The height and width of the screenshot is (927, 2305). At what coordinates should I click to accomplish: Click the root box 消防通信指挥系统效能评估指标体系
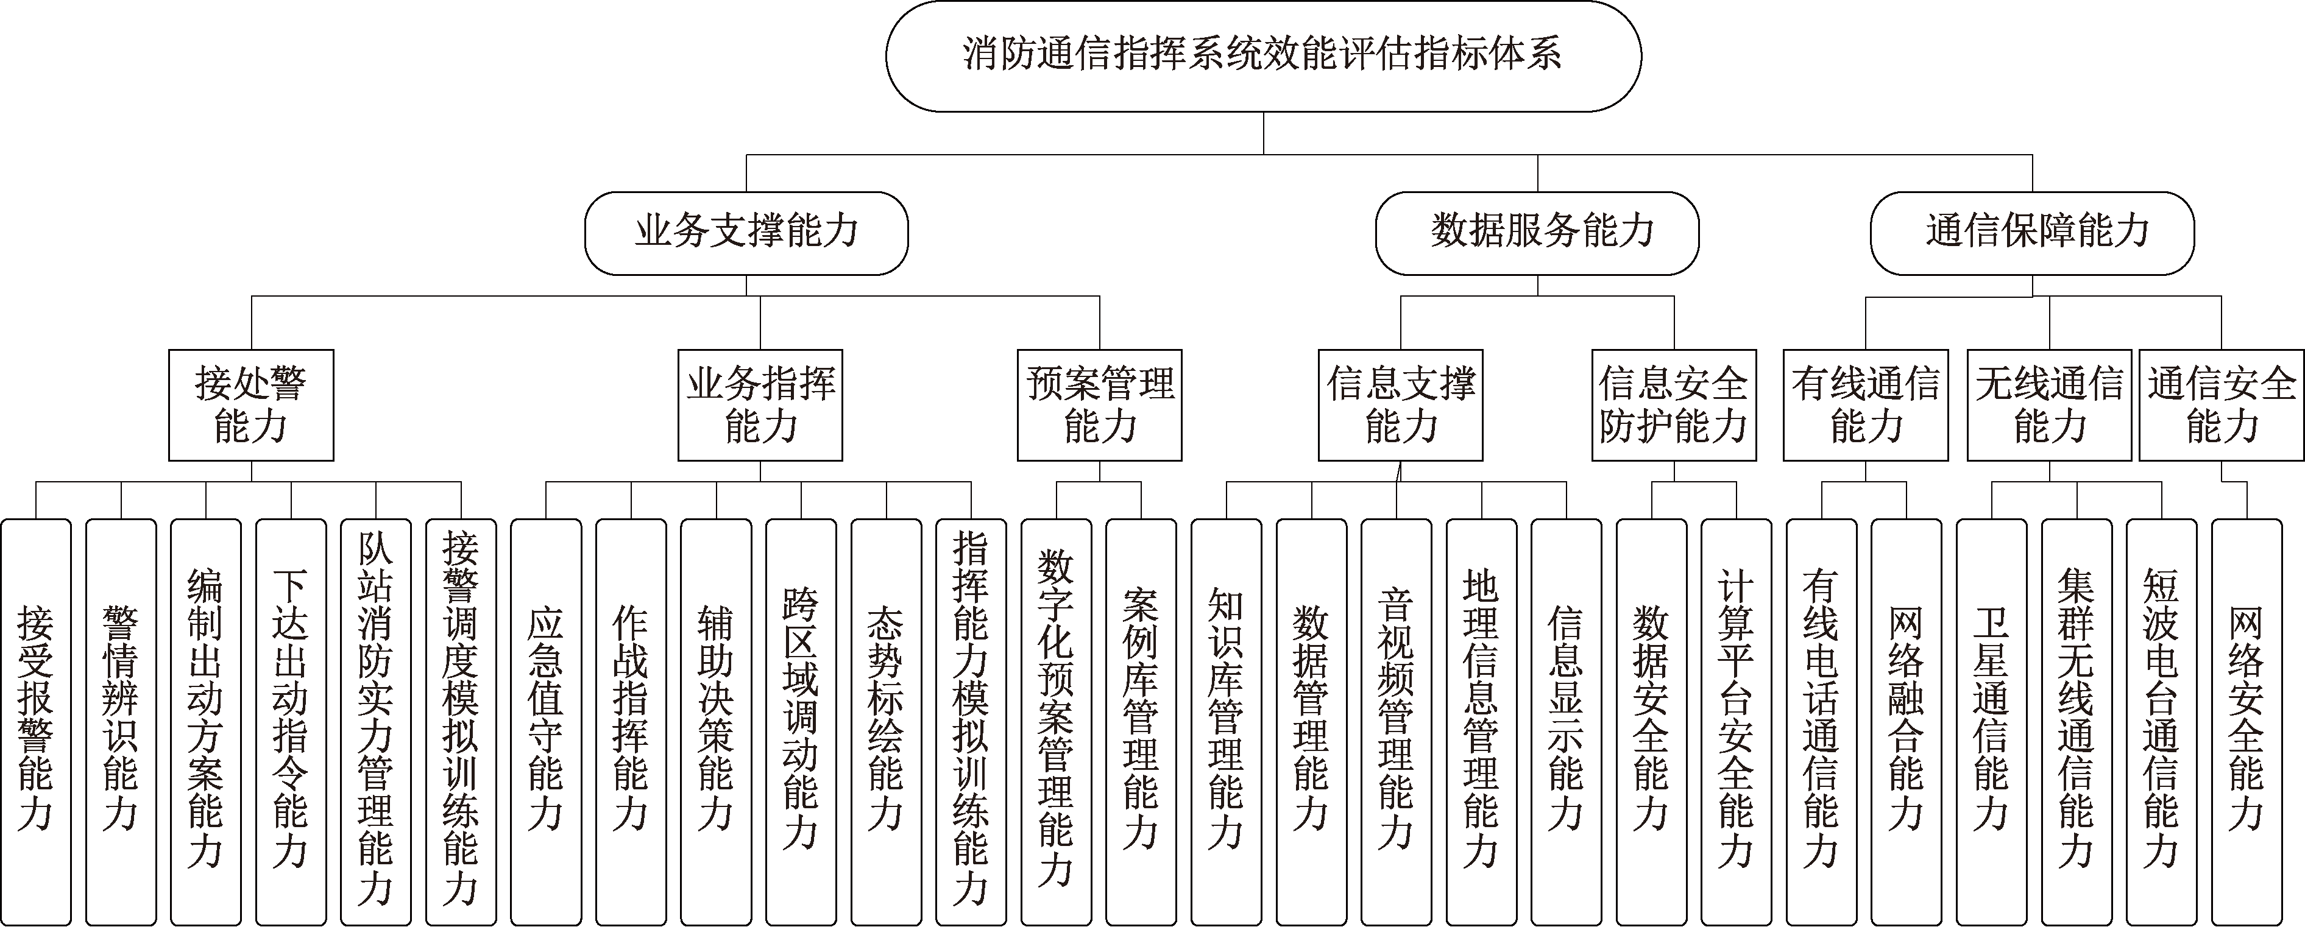tap(1262, 55)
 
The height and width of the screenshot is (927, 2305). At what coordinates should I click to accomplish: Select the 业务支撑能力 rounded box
tap(746, 233)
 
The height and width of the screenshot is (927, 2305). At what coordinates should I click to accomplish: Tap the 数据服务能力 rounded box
tap(1537, 233)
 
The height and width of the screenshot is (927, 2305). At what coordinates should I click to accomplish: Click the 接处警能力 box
tap(250, 406)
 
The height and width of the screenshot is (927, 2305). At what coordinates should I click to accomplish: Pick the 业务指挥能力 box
tap(760, 406)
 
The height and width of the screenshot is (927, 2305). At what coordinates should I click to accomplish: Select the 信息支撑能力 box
tap(1400, 406)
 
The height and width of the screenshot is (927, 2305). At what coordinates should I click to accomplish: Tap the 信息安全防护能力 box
tap(1673, 406)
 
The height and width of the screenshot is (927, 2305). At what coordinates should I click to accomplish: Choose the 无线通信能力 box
tap(2049, 406)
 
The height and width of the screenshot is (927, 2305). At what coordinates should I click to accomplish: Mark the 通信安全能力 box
tap(2221, 406)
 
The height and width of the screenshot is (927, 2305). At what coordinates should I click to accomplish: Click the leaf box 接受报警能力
tap(36, 721)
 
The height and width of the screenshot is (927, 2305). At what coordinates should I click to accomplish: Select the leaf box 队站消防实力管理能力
tap(376, 721)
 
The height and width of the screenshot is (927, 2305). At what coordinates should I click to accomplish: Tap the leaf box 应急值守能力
tap(546, 721)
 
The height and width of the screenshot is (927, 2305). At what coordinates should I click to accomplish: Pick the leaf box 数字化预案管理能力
tap(1056, 721)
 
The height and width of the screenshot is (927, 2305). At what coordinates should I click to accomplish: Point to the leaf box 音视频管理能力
tap(1396, 721)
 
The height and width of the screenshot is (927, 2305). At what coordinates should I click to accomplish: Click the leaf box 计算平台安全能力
tap(1736, 721)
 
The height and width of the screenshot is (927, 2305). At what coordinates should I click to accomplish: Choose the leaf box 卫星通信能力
tap(1991, 721)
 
